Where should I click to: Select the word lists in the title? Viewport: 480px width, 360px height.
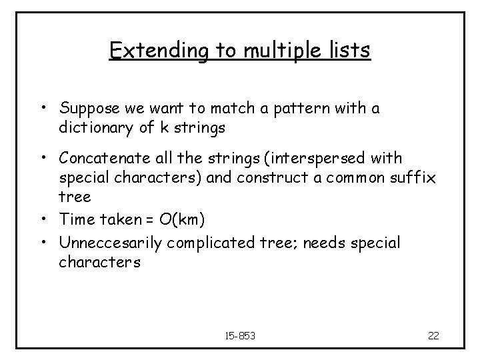(x=349, y=52)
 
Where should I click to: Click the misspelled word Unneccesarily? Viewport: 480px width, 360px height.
(x=111, y=243)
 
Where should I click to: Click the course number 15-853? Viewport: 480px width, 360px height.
(x=240, y=334)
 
